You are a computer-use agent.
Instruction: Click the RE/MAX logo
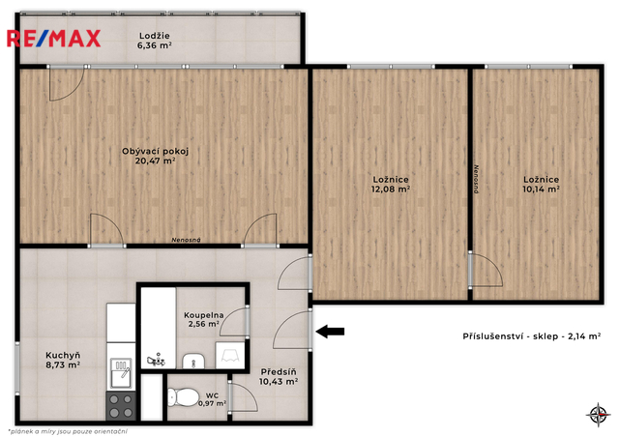coord(54,39)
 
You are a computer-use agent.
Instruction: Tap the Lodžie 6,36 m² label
coord(155,41)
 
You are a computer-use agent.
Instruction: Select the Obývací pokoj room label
coord(155,156)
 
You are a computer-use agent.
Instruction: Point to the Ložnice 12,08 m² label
coord(391,185)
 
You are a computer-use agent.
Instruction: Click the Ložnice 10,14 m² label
coord(541,185)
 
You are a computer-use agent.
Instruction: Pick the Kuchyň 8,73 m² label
coord(63,360)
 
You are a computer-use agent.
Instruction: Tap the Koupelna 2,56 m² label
coord(204,320)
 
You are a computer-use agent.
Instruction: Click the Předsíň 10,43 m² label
coord(279,377)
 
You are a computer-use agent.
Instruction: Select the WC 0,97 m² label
coord(212,399)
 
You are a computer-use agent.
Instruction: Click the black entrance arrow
coord(330,332)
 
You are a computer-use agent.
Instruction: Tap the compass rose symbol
coord(599,415)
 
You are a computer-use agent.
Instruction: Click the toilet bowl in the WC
coord(183,397)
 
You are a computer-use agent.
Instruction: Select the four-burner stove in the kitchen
coord(121,406)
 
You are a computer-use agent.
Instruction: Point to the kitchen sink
coord(121,372)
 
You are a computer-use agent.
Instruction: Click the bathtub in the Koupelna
coord(159,328)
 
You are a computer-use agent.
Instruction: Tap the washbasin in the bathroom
coord(193,361)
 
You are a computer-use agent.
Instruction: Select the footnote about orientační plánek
coord(68,431)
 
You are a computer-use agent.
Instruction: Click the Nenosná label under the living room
coord(186,240)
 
